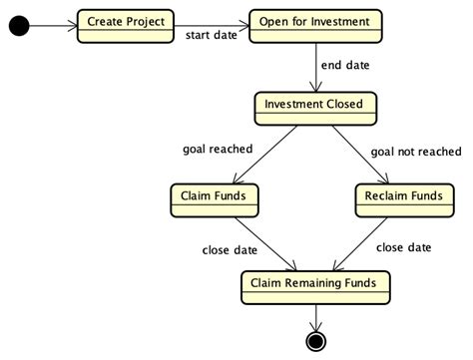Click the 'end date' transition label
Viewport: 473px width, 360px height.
344,66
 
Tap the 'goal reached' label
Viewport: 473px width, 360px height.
217,150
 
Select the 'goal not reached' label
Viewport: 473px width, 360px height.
416,152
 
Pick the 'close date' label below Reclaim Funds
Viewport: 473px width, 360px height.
403,246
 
